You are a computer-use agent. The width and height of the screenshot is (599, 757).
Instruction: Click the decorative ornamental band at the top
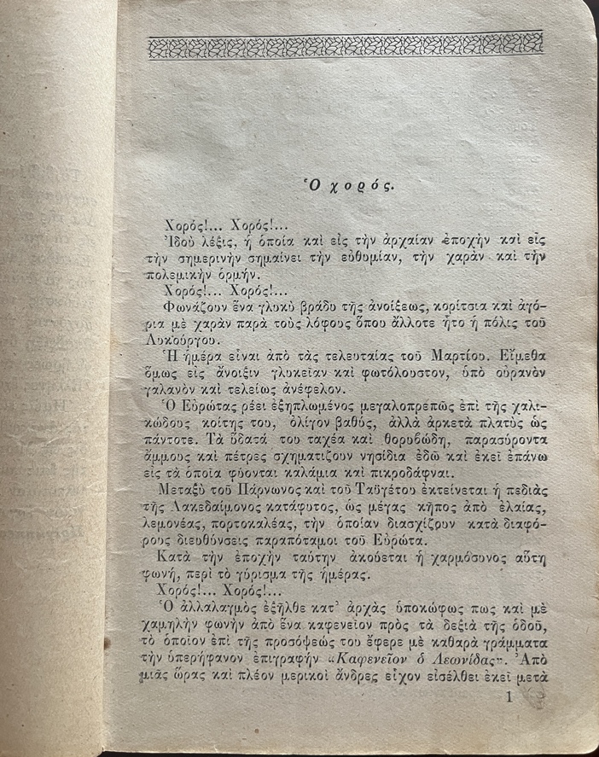coord(346,46)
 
